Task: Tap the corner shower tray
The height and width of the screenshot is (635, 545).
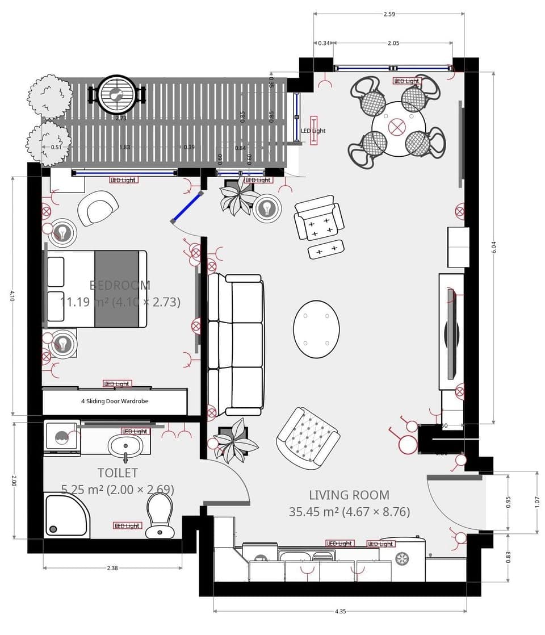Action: click(x=66, y=516)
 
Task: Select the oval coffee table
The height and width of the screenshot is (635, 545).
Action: click(x=316, y=329)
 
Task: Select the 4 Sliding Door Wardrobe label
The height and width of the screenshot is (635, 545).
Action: click(x=115, y=401)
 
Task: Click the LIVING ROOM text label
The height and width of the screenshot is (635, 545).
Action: click(x=349, y=495)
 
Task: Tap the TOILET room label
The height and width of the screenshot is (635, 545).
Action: click(x=118, y=473)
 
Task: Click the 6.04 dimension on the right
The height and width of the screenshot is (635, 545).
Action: click(x=493, y=247)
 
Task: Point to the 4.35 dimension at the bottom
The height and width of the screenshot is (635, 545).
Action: click(x=340, y=611)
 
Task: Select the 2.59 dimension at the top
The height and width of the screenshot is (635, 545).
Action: click(x=389, y=14)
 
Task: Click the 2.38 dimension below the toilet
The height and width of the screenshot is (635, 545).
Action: click(x=112, y=567)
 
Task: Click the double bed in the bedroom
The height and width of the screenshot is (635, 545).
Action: click(x=95, y=289)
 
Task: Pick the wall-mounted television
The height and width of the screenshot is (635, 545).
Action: click(x=452, y=333)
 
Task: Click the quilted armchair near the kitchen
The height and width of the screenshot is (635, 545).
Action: click(x=308, y=438)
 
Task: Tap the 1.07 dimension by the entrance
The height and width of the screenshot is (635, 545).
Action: click(x=537, y=502)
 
